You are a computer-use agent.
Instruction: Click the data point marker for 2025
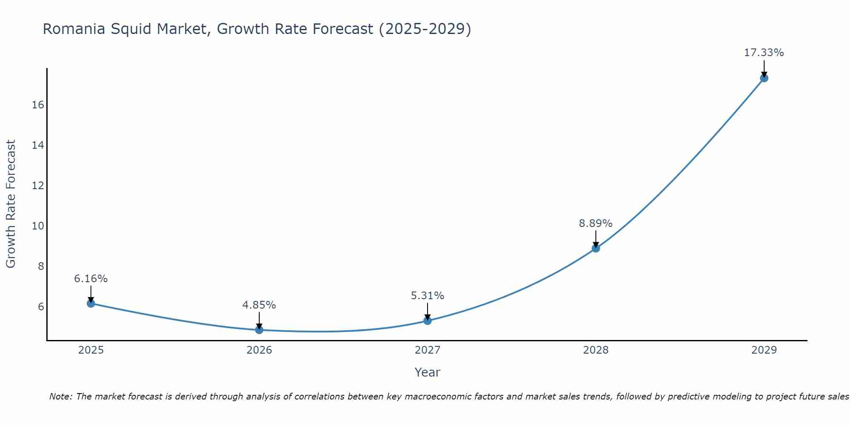[x=91, y=303]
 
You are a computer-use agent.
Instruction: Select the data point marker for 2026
[x=259, y=329]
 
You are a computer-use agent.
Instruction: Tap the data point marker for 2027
[x=428, y=320]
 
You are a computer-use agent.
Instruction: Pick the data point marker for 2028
[x=596, y=248]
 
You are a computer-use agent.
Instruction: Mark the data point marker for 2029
[x=764, y=78]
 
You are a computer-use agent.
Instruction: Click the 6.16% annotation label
[x=91, y=279]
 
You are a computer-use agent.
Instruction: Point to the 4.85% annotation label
[x=259, y=305]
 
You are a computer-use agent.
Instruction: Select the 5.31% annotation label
[x=428, y=296]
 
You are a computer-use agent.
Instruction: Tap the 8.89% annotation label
[x=596, y=224]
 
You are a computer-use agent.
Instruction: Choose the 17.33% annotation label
[x=764, y=53]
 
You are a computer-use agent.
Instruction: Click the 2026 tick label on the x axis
[x=259, y=350]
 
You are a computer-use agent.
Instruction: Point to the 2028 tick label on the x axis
[x=596, y=350]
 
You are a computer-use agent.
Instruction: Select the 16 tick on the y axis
[x=38, y=105]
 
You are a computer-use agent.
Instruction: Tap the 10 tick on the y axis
[x=38, y=226]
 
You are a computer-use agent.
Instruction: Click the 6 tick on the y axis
[x=41, y=306]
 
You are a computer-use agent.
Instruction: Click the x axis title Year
[x=427, y=372]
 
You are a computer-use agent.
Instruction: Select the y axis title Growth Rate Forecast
[x=11, y=204]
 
